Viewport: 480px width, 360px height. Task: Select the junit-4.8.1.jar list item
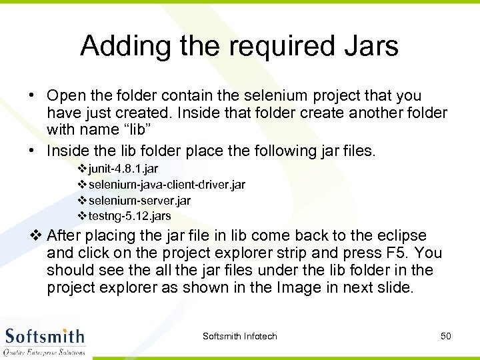point(123,169)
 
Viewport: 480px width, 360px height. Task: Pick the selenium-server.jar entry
point(139,200)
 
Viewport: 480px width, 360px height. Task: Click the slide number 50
point(446,336)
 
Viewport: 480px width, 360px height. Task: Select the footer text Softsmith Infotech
point(239,336)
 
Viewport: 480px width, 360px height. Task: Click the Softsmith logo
point(45,339)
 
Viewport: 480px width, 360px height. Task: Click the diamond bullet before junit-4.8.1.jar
point(82,169)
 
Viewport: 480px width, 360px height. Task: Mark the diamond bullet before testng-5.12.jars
point(82,216)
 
